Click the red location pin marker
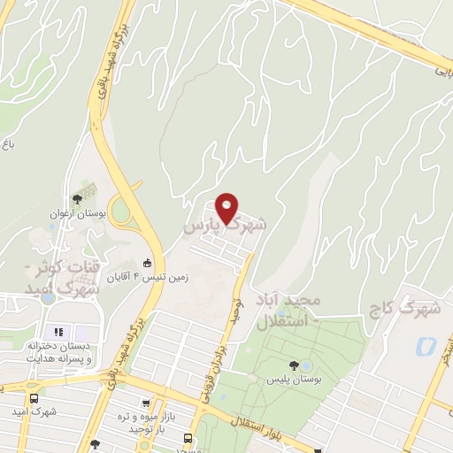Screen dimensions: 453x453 227,208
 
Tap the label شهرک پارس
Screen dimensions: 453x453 224,226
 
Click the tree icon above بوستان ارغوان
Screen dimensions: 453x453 77,200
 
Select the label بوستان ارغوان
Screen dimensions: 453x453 77,214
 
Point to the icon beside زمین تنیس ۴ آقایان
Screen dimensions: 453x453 149,263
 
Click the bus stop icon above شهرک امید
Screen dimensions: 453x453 34,397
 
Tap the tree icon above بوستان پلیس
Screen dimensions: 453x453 293,365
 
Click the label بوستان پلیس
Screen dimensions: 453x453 293,379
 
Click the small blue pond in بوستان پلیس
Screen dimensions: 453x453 306,365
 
